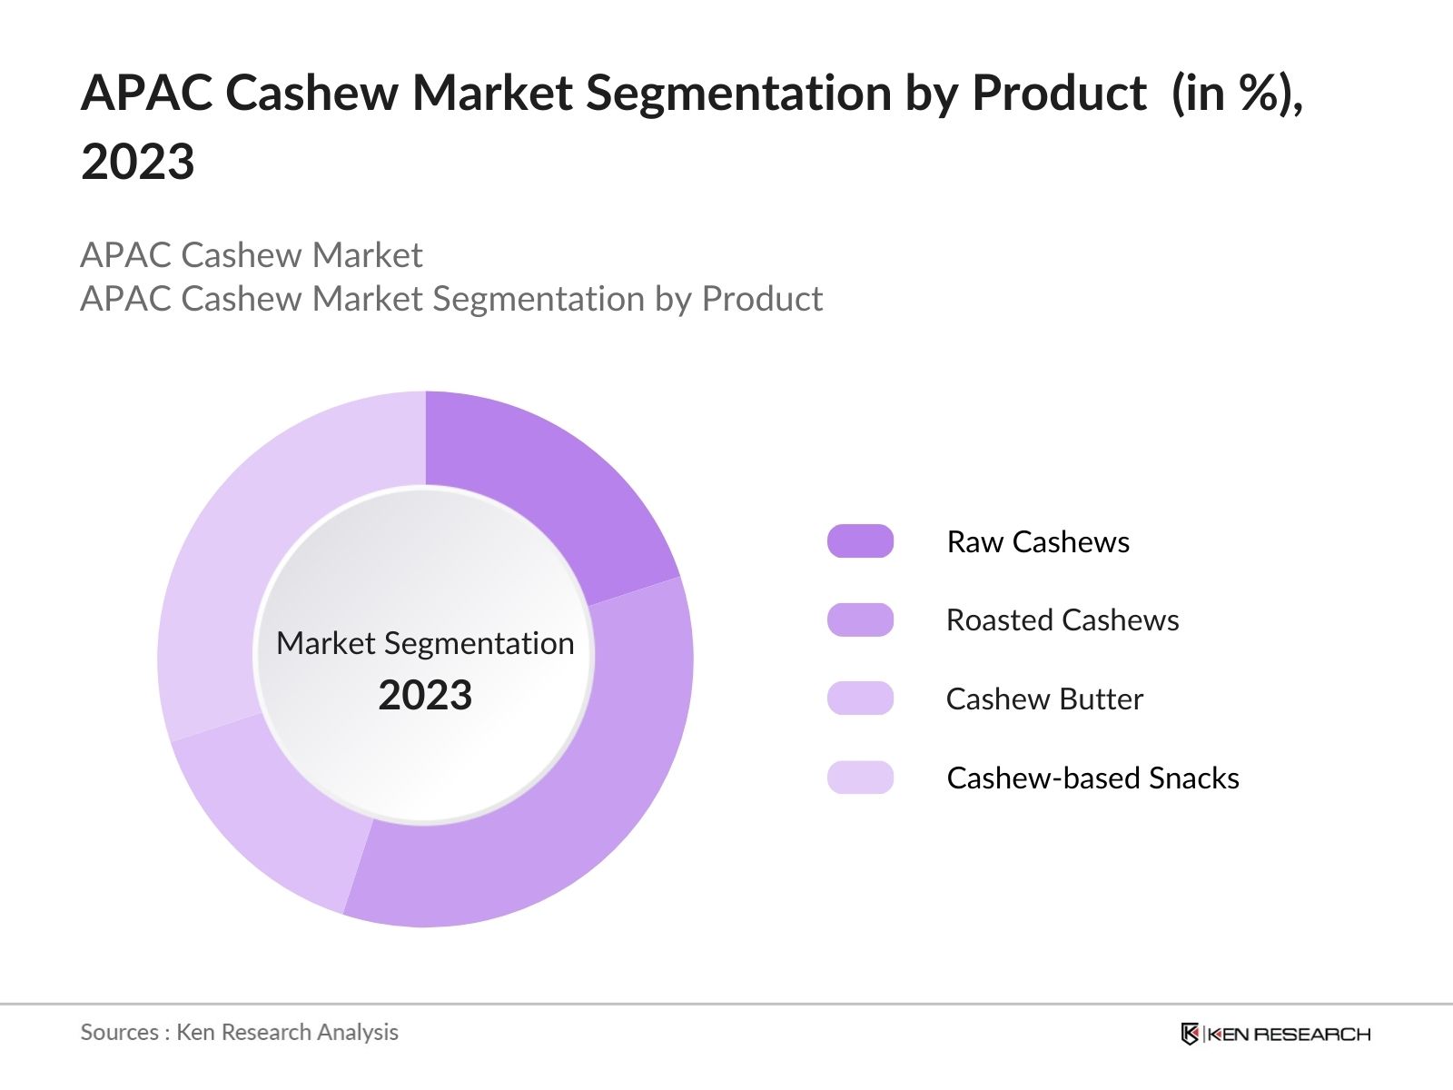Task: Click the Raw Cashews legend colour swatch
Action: click(860, 541)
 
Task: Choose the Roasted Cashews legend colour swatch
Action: click(860, 620)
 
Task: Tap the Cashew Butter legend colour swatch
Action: click(860, 699)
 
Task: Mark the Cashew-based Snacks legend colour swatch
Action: click(860, 778)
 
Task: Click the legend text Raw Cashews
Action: click(1038, 542)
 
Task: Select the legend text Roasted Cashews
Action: click(1063, 620)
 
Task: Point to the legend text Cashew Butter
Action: click(1044, 699)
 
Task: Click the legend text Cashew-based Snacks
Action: click(1092, 778)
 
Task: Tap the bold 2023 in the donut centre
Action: click(425, 696)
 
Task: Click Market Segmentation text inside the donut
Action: click(425, 643)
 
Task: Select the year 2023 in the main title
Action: click(138, 163)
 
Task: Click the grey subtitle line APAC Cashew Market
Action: click(252, 255)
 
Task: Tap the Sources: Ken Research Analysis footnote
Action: click(240, 1032)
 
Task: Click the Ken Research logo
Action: click(1275, 1034)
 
